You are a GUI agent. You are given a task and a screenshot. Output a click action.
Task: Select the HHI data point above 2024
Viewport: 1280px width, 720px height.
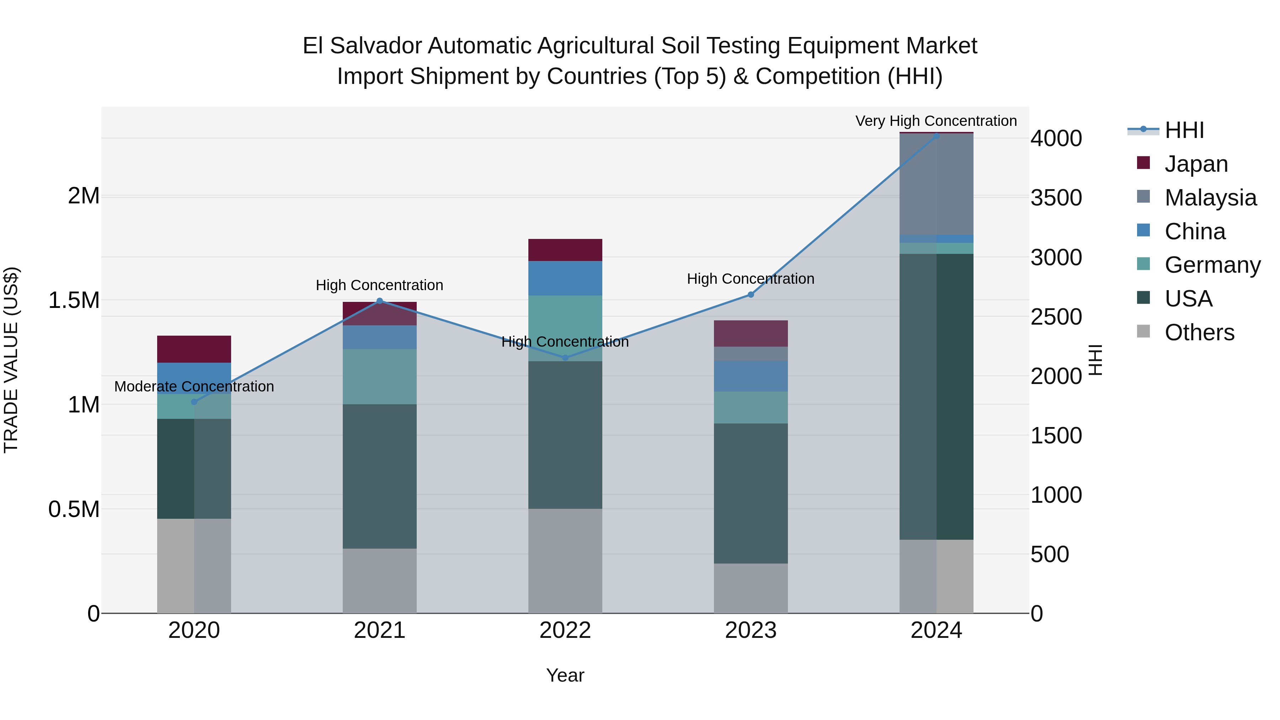tap(936, 136)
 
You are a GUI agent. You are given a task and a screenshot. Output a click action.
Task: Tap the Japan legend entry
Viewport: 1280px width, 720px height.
tap(1195, 164)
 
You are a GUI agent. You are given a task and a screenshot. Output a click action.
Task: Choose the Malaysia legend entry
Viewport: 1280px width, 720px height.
tap(1210, 198)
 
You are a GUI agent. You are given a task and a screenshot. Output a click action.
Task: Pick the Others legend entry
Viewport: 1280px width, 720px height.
tap(1199, 332)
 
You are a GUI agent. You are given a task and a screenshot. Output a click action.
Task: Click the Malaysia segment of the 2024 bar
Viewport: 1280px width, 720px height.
tap(936, 184)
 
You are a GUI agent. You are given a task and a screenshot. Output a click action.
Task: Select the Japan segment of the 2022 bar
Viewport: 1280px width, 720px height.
tap(565, 250)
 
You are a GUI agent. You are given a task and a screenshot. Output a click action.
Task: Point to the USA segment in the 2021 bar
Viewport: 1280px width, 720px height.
tap(380, 476)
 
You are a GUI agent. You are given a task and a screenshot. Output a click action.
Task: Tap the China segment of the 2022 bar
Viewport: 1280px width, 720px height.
tap(565, 278)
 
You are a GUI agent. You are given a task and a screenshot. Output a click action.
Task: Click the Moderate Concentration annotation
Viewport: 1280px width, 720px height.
tap(194, 386)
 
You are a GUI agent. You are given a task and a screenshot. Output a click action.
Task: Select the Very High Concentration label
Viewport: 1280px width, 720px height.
tap(936, 121)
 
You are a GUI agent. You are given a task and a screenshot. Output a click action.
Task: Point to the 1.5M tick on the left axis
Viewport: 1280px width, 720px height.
tap(74, 300)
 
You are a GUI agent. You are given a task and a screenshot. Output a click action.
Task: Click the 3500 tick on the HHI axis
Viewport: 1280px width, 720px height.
tap(1056, 198)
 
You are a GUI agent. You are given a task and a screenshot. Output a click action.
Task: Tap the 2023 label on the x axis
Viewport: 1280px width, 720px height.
tap(750, 630)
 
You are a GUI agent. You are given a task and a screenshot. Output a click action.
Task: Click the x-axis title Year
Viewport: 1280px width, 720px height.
tap(565, 675)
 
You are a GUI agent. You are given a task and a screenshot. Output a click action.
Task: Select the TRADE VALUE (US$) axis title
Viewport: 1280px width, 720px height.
tap(11, 360)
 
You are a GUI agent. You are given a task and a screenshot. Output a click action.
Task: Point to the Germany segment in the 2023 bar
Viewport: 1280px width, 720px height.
tap(750, 407)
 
